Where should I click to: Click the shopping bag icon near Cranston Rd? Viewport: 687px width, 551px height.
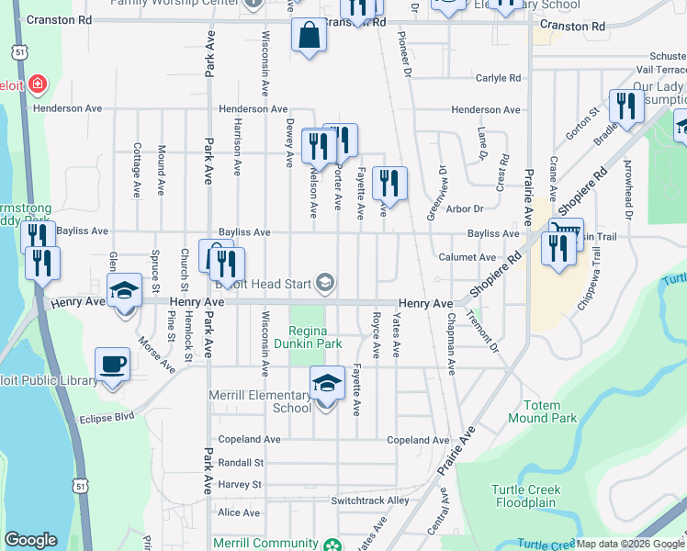[x=310, y=36]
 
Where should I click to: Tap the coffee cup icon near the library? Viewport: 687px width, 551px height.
[x=113, y=365]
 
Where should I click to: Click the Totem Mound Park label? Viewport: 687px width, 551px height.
[x=549, y=411]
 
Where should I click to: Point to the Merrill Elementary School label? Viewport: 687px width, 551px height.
[x=272, y=401]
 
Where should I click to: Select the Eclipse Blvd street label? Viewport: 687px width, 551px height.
[x=107, y=416]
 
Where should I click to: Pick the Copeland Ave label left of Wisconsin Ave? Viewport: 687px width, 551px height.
[x=249, y=440]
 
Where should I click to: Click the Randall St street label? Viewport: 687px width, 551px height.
[x=241, y=463]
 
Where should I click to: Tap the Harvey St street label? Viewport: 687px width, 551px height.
[x=240, y=484]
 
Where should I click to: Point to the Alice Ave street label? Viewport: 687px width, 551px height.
[x=239, y=512]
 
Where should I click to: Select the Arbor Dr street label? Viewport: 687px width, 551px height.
[x=465, y=209]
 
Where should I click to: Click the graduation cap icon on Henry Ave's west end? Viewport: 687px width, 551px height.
[x=125, y=291]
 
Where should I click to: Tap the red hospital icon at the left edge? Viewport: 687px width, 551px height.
[x=37, y=85]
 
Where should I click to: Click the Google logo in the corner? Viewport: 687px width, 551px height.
[x=30, y=540]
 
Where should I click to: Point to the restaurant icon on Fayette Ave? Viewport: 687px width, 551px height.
[x=389, y=184]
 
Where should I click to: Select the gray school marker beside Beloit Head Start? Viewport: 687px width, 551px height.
[x=324, y=283]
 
